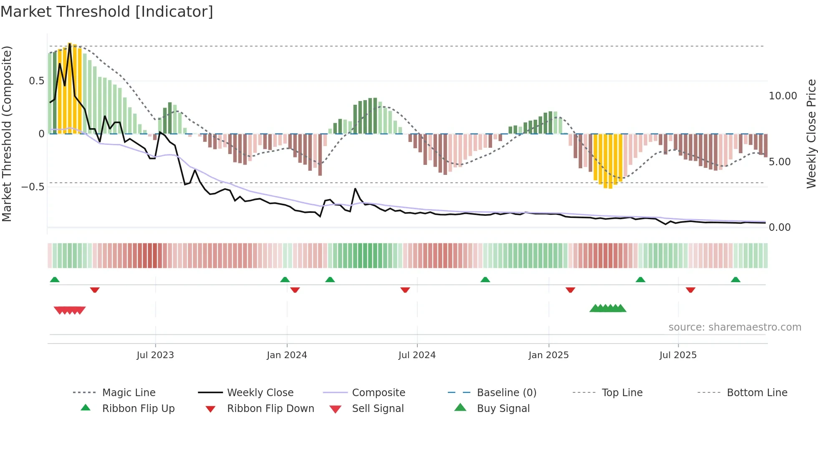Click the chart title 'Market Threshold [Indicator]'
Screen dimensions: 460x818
point(107,12)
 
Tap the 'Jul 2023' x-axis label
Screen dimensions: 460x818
point(155,355)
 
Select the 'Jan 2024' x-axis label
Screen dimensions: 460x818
point(287,355)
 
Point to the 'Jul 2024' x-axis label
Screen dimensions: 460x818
point(417,355)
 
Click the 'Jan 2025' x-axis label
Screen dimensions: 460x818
point(548,355)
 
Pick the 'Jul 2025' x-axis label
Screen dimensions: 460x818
point(678,355)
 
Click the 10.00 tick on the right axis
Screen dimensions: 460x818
point(783,96)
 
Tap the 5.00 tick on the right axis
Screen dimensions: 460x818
point(779,162)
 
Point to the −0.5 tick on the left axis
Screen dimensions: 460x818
point(33,187)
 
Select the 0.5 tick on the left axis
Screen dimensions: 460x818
point(36,81)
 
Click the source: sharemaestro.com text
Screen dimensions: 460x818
point(735,327)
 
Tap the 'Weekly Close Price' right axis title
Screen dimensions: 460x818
point(811,134)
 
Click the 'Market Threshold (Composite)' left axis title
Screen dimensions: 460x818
point(7,134)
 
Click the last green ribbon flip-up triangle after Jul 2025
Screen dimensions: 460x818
point(735,280)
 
